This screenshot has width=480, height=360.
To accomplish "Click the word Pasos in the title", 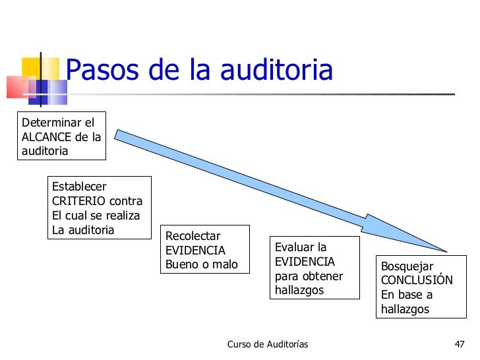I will pyautogui.click(x=100, y=70).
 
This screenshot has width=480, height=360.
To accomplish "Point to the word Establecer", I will pyautogui.click(x=79, y=187).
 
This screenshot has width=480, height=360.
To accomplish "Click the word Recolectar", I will pyautogui.click(x=193, y=236).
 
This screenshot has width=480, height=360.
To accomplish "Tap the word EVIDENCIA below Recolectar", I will pyautogui.click(x=195, y=251).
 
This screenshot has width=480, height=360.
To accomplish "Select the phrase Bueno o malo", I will pyautogui.click(x=201, y=265).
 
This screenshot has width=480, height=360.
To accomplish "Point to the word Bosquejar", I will pyautogui.click(x=407, y=266).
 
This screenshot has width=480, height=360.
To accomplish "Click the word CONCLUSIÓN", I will pyautogui.click(x=417, y=280).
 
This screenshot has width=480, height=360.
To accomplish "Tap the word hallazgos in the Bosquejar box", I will pyautogui.click(x=405, y=309).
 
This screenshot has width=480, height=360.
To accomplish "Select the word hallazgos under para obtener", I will pyautogui.click(x=299, y=291).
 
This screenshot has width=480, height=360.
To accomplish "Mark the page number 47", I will pyautogui.click(x=460, y=345).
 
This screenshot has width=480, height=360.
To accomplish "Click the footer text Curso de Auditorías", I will pyautogui.click(x=268, y=345).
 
